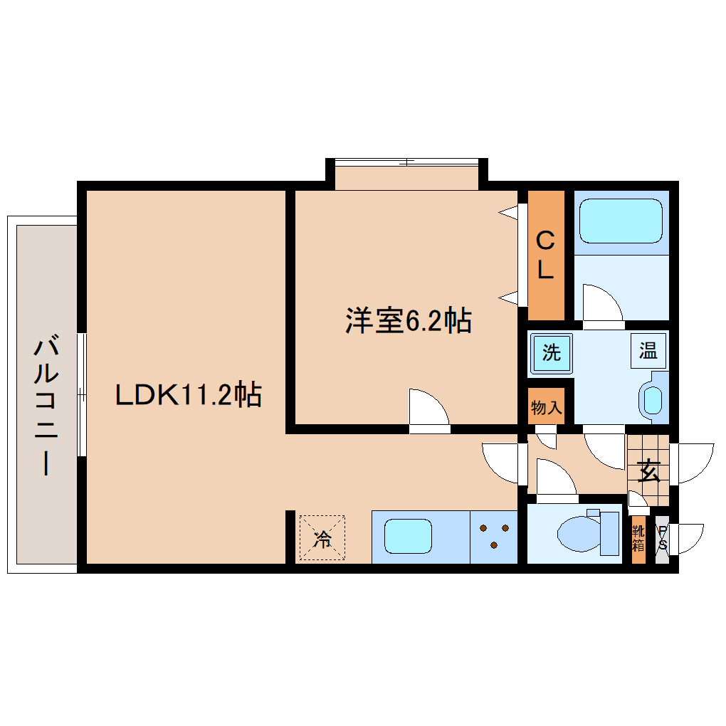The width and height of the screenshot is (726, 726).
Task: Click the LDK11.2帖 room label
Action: [x=189, y=394]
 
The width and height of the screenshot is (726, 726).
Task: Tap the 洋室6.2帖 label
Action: [x=408, y=321]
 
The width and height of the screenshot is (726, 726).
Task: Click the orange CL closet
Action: [x=546, y=255]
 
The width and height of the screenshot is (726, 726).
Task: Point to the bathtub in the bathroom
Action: [x=621, y=221]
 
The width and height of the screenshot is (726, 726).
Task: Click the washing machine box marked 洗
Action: [x=551, y=353]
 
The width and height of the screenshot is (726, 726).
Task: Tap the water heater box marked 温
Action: [x=648, y=351]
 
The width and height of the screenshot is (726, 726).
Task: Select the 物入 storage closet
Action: [x=546, y=407]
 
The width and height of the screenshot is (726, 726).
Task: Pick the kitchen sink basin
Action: [x=409, y=537]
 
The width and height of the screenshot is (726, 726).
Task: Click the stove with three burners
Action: [x=494, y=537]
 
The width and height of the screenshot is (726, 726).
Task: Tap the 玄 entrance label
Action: [x=648, y=471]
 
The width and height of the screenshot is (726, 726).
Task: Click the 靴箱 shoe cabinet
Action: [x=638, y=540]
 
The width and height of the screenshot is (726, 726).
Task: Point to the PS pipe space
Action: [x=662, y=540]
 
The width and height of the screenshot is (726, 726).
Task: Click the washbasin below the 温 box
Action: [x=652, y=400]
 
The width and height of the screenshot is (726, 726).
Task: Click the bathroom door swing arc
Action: [x=602, y=303]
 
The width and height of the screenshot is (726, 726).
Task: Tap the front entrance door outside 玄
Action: [x=693, y=463]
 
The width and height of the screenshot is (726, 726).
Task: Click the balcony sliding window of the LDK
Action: [x=83, y=394]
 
